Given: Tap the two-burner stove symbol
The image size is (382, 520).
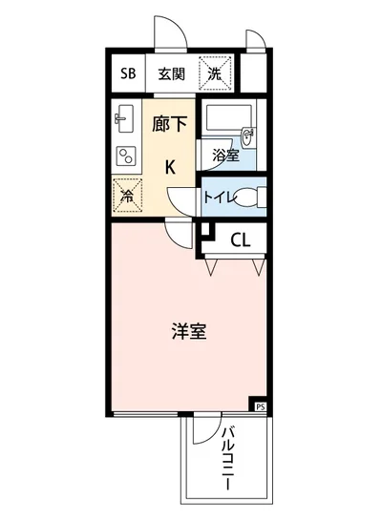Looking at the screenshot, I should [124, 156].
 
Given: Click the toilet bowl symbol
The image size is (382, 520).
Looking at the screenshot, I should [246, 198].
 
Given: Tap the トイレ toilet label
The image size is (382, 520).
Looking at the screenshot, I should [218, 198].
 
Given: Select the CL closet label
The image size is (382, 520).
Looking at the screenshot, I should [239, 239].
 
